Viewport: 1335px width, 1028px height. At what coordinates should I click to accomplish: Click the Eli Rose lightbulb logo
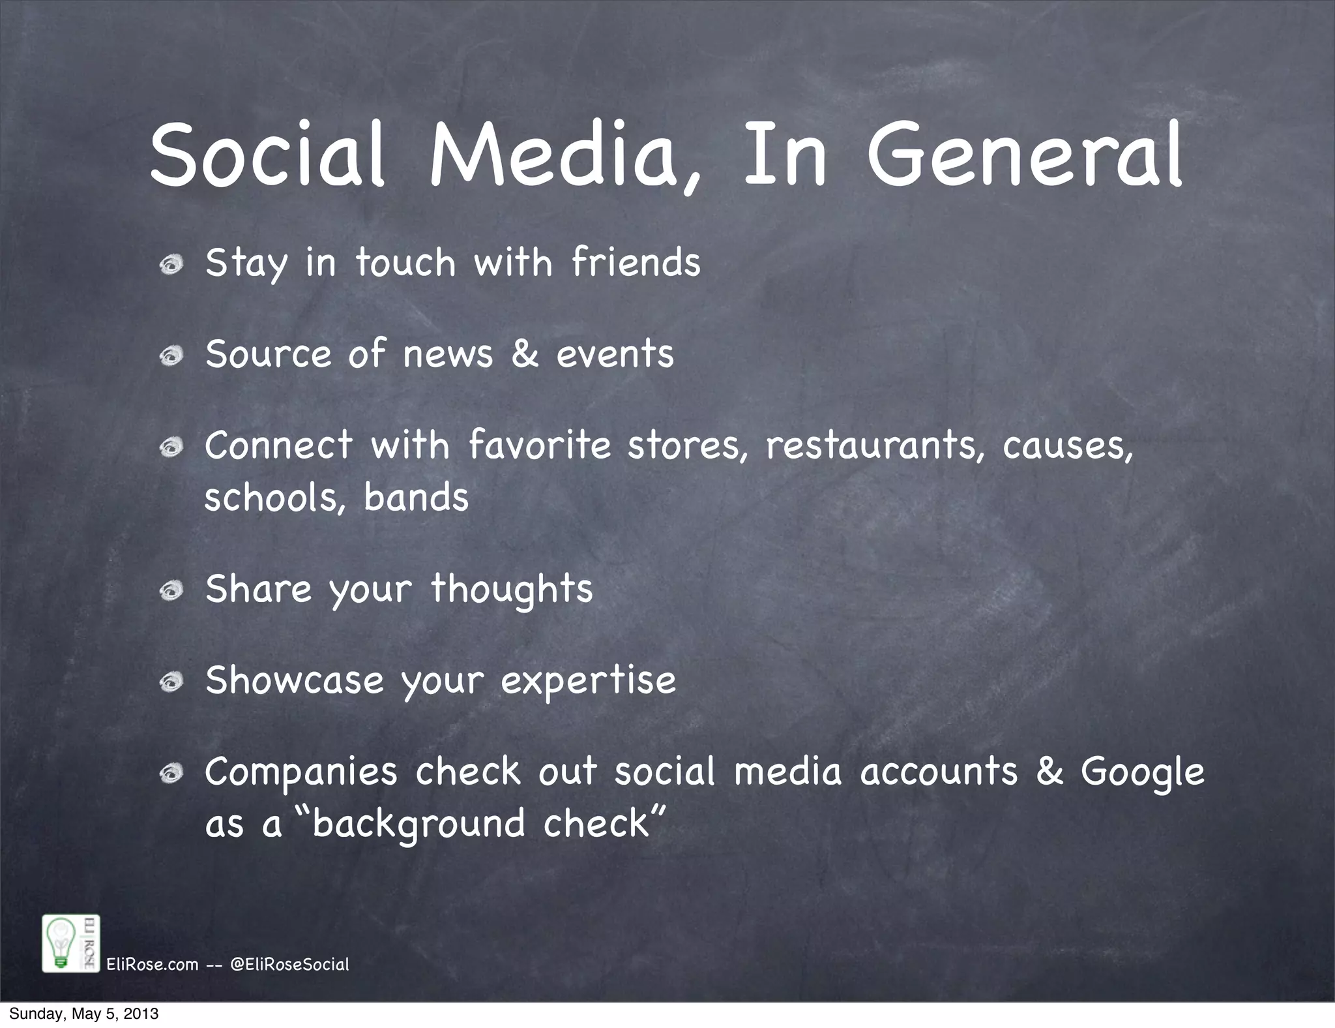click(x=70, y=943)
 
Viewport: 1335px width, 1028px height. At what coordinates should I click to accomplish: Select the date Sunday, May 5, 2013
click(x=83, y=1014)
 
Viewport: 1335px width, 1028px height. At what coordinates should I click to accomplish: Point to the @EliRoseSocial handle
click(x=290, y=965)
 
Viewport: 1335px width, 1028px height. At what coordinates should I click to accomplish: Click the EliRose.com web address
click(x=152, y=965)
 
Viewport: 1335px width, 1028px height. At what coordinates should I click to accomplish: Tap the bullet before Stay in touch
click(x=171, y=265)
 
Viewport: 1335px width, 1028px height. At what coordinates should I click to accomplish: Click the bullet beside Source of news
click(x=171, y=355)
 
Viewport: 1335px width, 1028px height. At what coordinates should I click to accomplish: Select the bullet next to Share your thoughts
click(x=171, y=591)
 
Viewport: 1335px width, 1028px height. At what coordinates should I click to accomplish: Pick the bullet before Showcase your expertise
click(x=171, y=682)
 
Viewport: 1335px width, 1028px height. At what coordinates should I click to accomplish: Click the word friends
click(x=636, y=262)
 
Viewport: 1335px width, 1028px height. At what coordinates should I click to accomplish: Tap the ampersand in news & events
click(x=525, y=354)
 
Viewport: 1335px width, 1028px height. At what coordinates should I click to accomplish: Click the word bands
click(x=416, y=498)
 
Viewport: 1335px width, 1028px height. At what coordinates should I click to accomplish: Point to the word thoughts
click(x=512, y=590)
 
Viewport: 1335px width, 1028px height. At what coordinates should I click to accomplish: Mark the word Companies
click(x=301, y=772)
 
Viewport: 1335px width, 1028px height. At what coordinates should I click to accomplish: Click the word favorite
click(x=540, y=446)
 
